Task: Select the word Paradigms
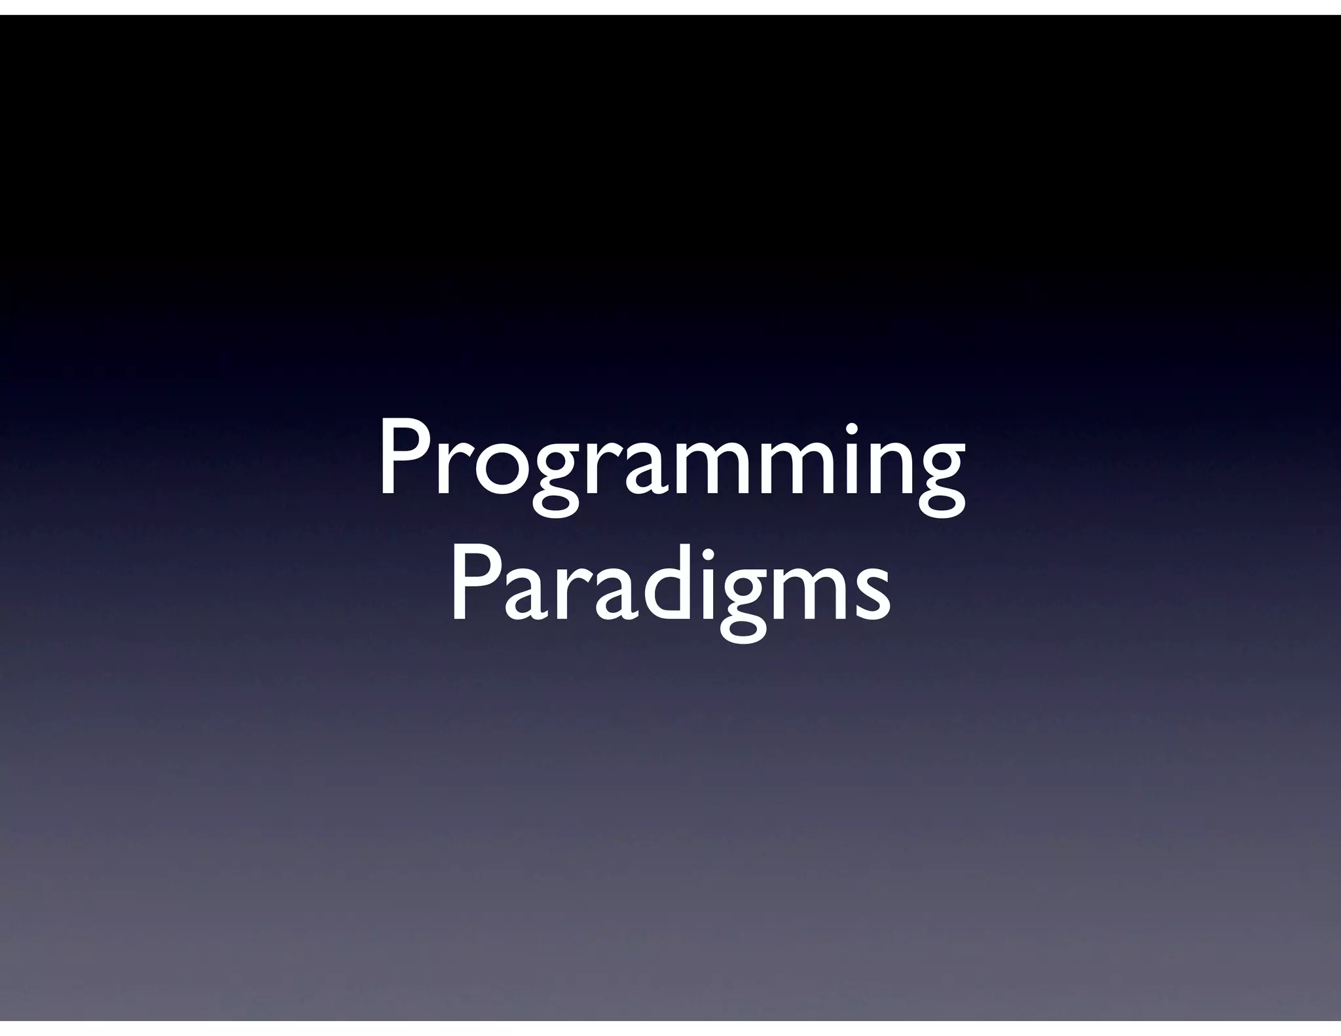670,589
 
